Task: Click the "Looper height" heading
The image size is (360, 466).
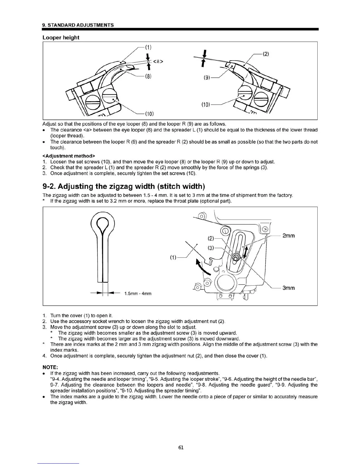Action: [x=61, y=38]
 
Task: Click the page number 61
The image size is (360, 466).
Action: [x=181, y=447]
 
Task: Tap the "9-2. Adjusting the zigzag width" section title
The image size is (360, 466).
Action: [x=124, y=187]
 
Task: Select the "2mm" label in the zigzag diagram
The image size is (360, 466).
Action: [x=288, y=236]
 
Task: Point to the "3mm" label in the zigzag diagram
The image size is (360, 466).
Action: [x=288, y=288]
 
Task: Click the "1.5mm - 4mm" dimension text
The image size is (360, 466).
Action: [x=138, y=294]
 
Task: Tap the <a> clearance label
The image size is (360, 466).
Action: [x=158, y=61]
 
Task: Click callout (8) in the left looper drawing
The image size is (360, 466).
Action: [x=148, y=76]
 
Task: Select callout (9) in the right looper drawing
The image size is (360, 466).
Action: [x=207, y=78]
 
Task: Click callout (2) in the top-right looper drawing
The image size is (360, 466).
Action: [x=265, y=54]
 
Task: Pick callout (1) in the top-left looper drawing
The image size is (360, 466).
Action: [x=148, y=47]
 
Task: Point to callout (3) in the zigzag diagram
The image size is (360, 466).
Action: [x=211, y=248]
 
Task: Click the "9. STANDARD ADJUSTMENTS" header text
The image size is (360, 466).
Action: [x=78, y=25]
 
